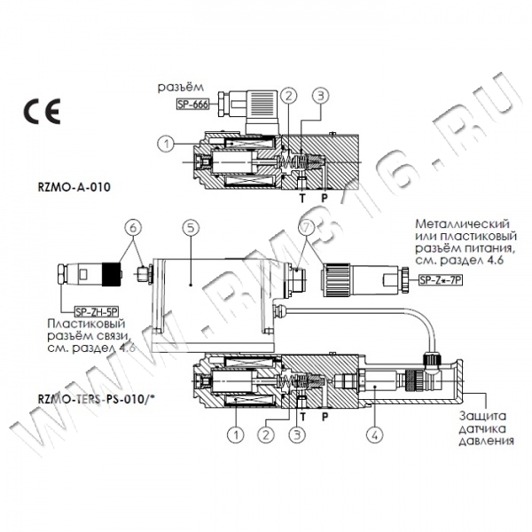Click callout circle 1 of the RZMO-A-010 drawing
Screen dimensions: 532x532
[x=165, y=142]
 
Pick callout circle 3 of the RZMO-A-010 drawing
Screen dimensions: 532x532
[x=320, y=95]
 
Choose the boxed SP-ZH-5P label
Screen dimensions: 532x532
[x=96, y=311]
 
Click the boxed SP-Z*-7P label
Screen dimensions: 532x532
[x=441, y=281]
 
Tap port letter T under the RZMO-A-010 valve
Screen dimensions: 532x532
[x=301, y=199]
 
